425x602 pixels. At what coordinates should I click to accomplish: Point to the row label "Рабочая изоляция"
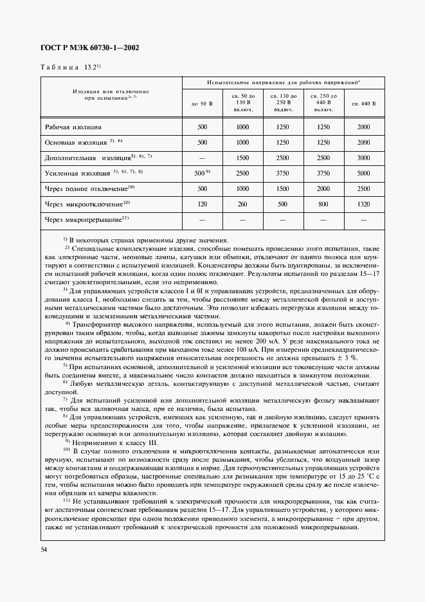73,127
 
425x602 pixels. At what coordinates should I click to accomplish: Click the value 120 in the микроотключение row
203,204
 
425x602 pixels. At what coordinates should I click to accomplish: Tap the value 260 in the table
242,204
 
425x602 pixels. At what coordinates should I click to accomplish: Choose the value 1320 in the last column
363,204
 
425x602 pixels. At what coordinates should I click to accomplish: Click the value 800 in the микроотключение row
323,204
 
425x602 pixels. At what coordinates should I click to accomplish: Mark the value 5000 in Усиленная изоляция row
363,173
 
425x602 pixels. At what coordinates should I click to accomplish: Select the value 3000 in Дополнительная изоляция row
363,158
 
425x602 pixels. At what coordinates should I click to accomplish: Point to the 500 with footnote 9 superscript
203,173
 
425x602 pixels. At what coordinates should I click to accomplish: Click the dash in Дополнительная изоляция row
203,158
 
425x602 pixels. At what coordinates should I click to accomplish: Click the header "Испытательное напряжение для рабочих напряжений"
283,83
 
